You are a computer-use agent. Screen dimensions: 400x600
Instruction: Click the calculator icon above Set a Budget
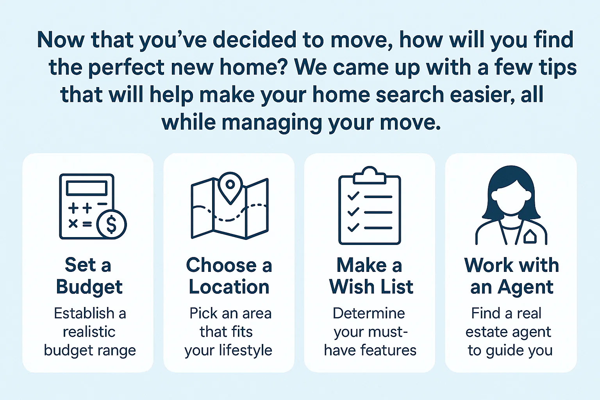pyautogui.click(x=87, y=206)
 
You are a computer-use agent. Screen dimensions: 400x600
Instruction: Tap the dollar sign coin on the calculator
pyautogui.click(x=111, y=225)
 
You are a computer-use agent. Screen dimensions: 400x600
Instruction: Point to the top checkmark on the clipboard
pyautogui.click(x=353, y=196)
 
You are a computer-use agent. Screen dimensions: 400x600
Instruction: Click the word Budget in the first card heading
pyautogui.click(x=89, y=287)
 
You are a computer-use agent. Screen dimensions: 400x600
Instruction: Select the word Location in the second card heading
pyautogui.click(x=229, y=287)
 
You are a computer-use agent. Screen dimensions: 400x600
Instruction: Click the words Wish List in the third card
pyautogui.click(x=371, y=287)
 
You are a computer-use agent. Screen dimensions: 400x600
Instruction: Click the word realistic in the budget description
pyautogui.click(x=89, y=332)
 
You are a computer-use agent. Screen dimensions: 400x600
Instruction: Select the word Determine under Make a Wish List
pyautogui.click(x=369, y=313)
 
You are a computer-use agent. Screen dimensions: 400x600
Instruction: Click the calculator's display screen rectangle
pyautogui.click(x=87, y=188)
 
